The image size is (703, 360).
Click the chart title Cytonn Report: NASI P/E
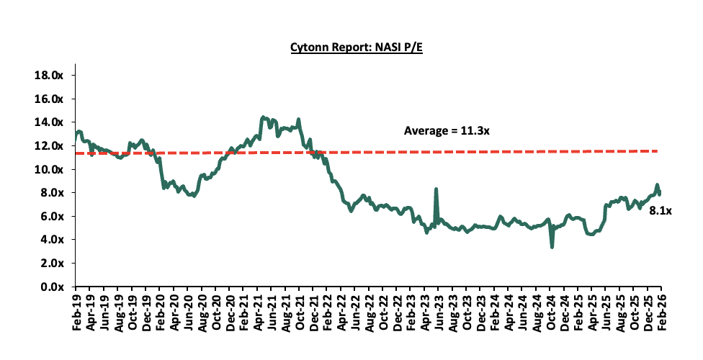(x=351, y=48)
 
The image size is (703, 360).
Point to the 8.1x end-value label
(x=660, y=210)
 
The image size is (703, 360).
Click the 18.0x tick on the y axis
(x=49, y=76)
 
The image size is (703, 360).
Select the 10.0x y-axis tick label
(x=49, y=169)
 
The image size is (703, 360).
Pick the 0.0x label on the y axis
(x=52, y=287)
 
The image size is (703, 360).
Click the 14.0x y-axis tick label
(x=49, y=122)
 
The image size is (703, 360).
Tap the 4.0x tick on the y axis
(x=52, y=240)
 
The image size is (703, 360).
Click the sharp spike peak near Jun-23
(x=436, y=189)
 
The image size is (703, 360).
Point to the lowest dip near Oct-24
(x=552, y=247)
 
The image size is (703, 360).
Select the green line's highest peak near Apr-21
(x=263, y=117)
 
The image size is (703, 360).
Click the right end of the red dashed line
(x=657, y=150)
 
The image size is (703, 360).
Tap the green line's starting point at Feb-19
(x=76, y=133)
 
